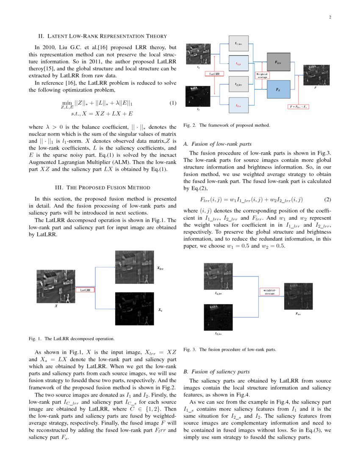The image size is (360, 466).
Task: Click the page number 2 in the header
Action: point(330,17)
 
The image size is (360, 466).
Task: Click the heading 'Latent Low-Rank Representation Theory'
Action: point(102,36)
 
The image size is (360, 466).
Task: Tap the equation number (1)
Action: point(173,103)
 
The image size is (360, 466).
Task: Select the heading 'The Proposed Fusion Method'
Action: point(102,187)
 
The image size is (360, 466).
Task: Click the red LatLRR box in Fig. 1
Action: point(85,290)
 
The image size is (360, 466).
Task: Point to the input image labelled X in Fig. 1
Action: point(55,286)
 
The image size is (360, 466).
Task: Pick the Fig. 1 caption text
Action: point(72,338)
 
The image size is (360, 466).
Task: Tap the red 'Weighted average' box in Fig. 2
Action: point(262,75)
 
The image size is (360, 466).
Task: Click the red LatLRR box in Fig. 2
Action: point(215,74)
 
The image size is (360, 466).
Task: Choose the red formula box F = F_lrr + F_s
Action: point(299,106)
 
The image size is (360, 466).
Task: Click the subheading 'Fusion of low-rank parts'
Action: point(216,144)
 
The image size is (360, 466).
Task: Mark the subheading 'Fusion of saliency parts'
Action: point(216,372)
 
